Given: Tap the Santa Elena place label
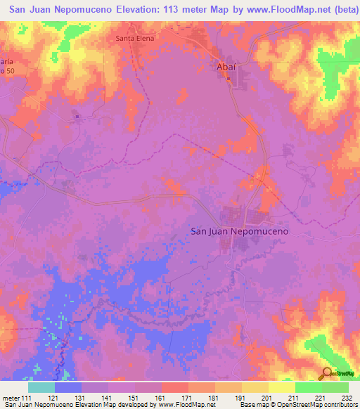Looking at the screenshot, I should point(134,39).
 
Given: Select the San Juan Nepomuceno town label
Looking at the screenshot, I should point(240,231).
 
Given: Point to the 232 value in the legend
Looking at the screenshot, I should point(346,398).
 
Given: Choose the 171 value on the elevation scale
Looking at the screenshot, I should point(186,398).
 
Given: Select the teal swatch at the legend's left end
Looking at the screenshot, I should point(41,387).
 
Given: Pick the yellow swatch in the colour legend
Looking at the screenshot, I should point(282,387).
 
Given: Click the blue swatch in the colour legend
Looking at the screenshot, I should point(68,387).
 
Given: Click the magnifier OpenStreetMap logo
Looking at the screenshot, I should point(328,374).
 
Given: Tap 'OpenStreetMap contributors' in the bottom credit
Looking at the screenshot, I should point(317,405).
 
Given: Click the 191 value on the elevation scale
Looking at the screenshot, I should point(239,398).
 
